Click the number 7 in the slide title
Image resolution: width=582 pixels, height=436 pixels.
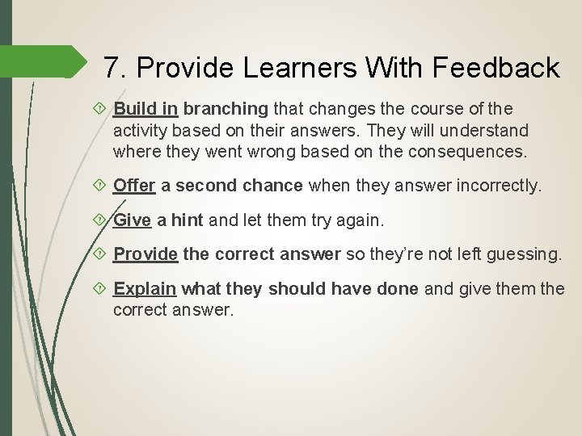coord(113,68)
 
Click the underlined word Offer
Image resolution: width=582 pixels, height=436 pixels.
coord(134,185)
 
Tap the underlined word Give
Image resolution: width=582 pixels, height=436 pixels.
coord(133,219)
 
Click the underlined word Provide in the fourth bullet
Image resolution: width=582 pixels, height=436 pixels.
coord(145,254)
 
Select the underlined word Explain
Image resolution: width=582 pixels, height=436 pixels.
coord(145,288)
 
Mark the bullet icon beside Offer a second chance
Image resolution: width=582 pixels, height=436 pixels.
coord(100,185)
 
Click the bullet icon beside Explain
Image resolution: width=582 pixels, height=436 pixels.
coord(100,288)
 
